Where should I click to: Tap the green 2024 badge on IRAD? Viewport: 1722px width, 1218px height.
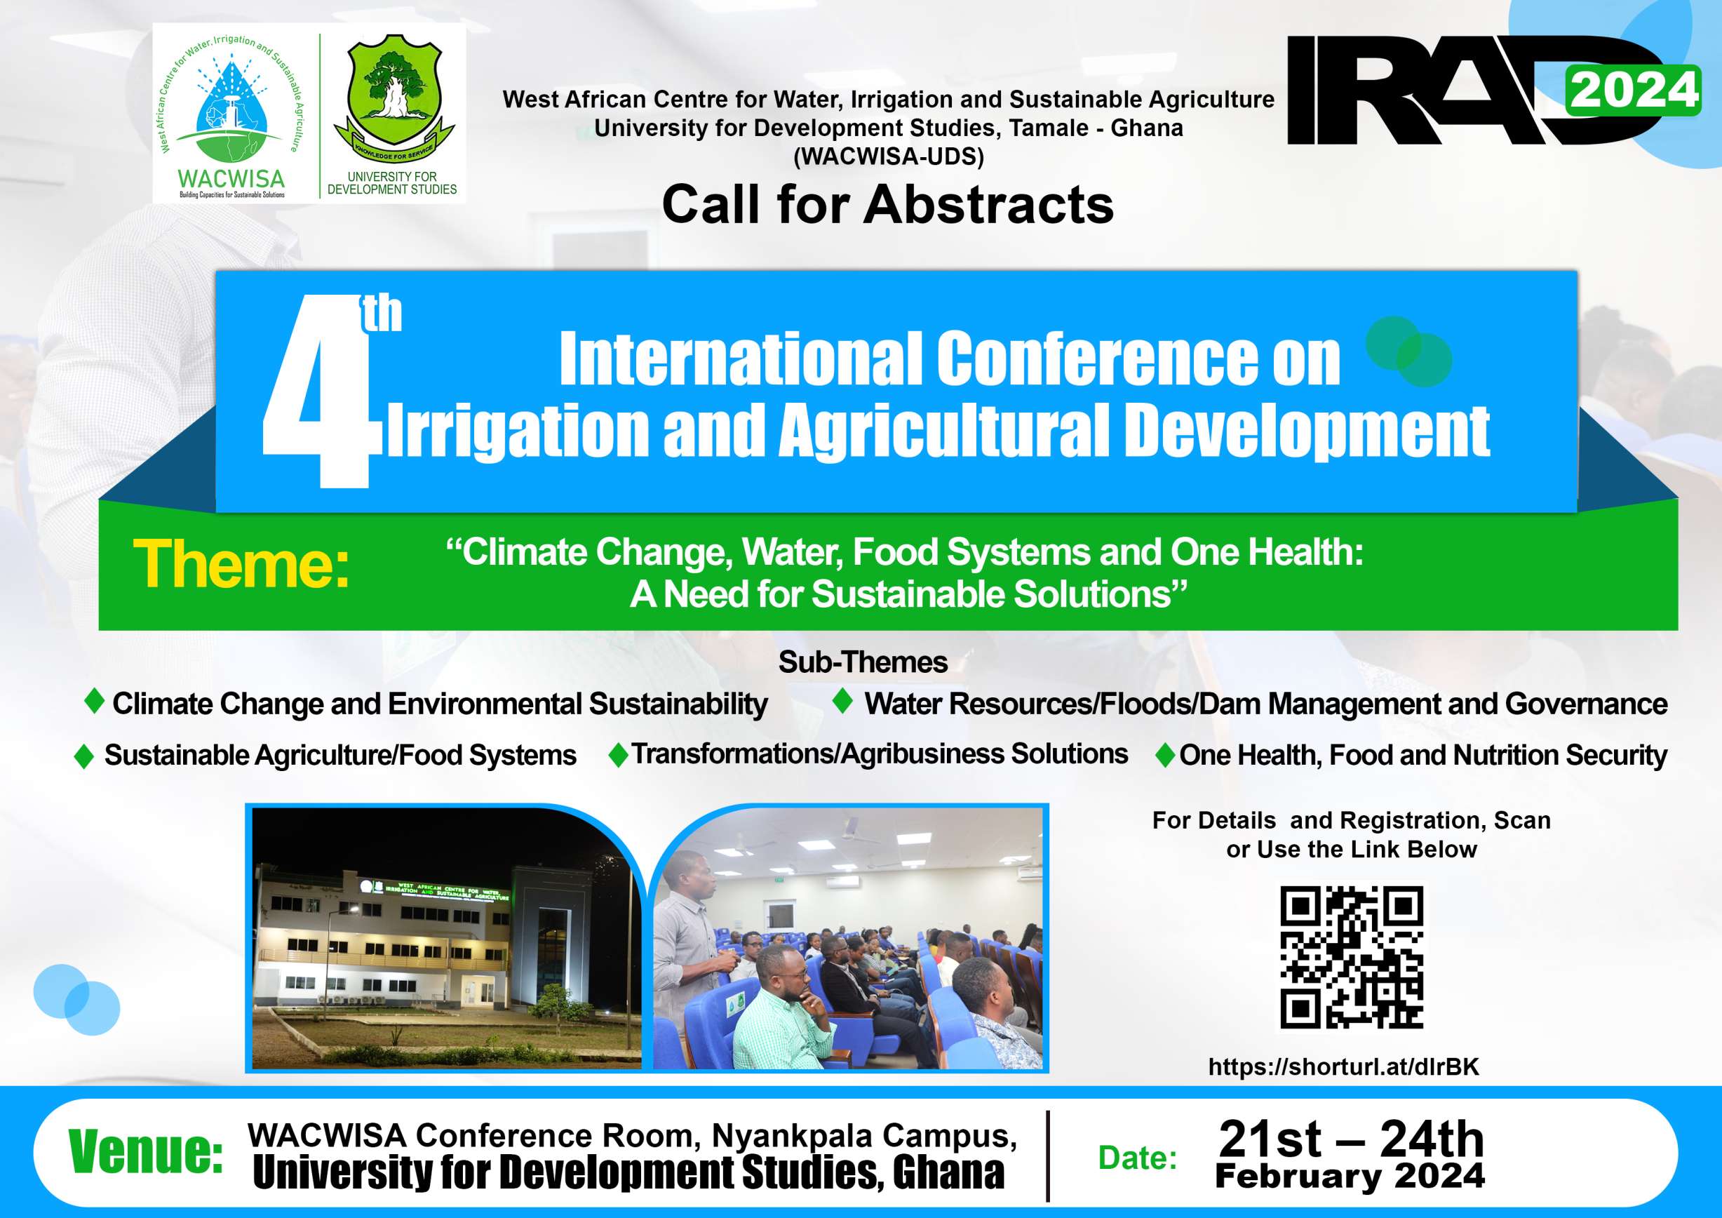(1632, 91)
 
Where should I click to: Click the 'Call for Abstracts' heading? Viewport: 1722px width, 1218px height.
(888, 204)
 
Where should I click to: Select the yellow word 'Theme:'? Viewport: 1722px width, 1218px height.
(241, 564)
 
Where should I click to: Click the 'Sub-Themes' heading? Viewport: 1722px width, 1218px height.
(863, 662)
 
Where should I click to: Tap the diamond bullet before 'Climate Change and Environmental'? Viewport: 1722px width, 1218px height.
(95, 700)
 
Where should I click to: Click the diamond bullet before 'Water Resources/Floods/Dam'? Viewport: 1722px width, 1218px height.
(843, 700)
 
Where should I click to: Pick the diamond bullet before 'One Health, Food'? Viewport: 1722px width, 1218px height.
(1166, 754)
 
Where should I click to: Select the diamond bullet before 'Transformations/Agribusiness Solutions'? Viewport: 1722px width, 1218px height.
(618, 754)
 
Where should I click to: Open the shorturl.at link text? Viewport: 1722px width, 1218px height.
(1343, 1066)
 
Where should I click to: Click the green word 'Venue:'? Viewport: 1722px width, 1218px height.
(145, 1151)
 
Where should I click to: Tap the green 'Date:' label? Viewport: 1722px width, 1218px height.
(1138, 1158)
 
